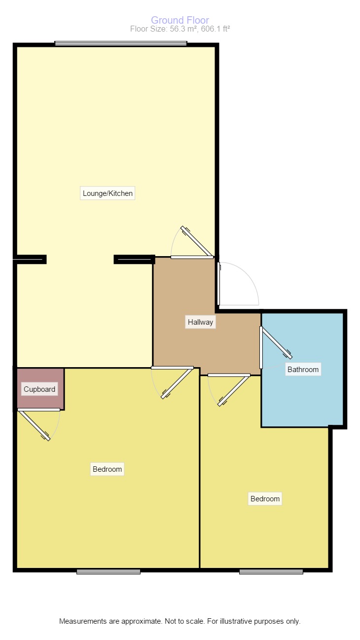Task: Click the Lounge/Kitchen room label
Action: [x=108, y=193]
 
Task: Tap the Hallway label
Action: [x=200, y=322]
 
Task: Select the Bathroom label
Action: [x=303, y=369]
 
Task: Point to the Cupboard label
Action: [x=39, y=389]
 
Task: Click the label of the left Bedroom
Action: [x=107, y=469]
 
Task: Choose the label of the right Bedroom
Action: [x=265, y=499]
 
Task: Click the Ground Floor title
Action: [x=180, y=20]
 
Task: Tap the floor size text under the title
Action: [x=180, y=29]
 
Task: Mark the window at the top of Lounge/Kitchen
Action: [x=121, y=43]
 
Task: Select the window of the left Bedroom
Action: [x=108, y=571]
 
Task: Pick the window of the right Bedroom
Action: [x=271, y=571]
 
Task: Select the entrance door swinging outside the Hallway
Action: [x=219, y=284]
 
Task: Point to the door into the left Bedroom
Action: [x=177, y=383]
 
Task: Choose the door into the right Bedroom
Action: [x=233, y=390]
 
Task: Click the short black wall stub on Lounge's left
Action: [x=30, y=259]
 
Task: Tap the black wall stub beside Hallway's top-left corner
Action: [x=134, y=259]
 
